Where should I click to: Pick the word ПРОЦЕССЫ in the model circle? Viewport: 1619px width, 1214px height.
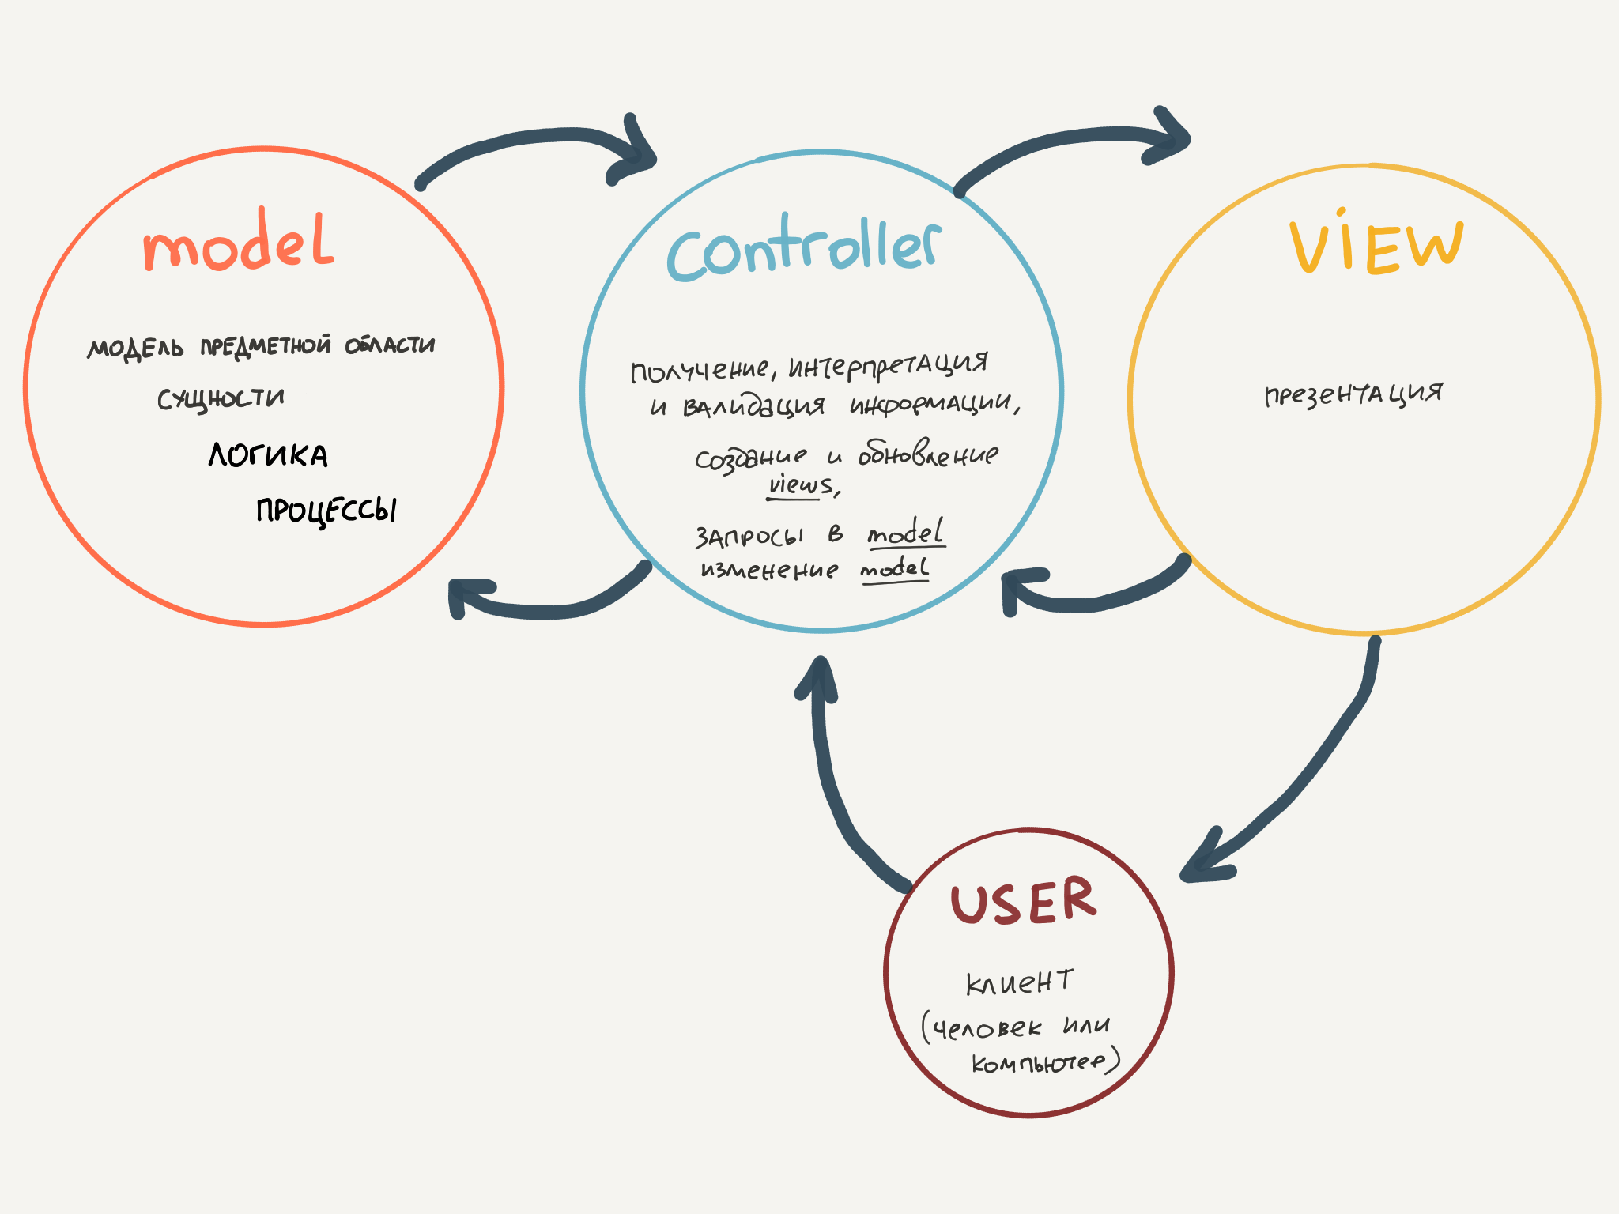326,510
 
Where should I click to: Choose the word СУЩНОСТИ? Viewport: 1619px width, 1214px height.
221,398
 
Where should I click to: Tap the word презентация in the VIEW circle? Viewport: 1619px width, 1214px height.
1353,394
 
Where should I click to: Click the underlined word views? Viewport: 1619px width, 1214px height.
801,484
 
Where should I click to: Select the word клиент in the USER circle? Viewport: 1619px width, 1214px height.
1019,982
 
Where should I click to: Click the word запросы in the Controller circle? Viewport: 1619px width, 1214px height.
749,537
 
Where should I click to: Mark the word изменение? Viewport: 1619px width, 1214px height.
769,569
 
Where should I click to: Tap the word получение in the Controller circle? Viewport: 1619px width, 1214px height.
699,370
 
